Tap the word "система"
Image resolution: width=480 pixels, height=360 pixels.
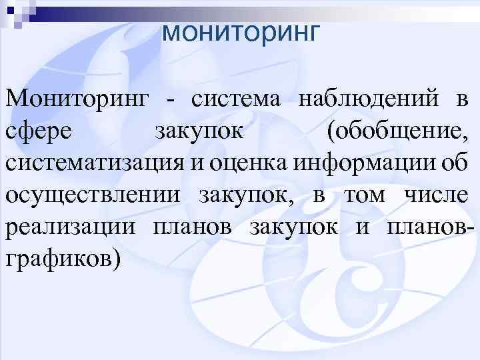237,102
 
